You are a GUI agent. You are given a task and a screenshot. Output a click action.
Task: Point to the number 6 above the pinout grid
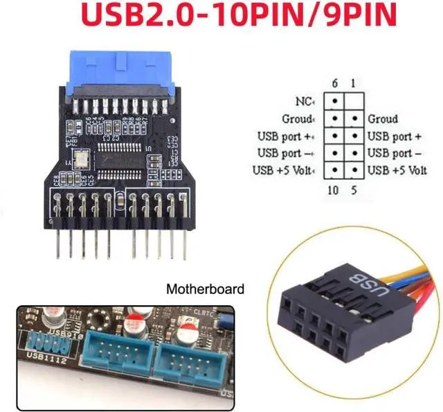(x=335, y=83)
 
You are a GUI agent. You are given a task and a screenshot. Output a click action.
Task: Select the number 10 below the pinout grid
(x=333, y=190)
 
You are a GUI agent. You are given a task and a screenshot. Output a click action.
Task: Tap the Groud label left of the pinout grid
(x=298, y=119)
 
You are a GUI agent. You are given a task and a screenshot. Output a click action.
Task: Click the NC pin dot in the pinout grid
(x=335, y=102)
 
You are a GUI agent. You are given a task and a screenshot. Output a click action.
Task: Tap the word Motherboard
(x=206, y=288)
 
